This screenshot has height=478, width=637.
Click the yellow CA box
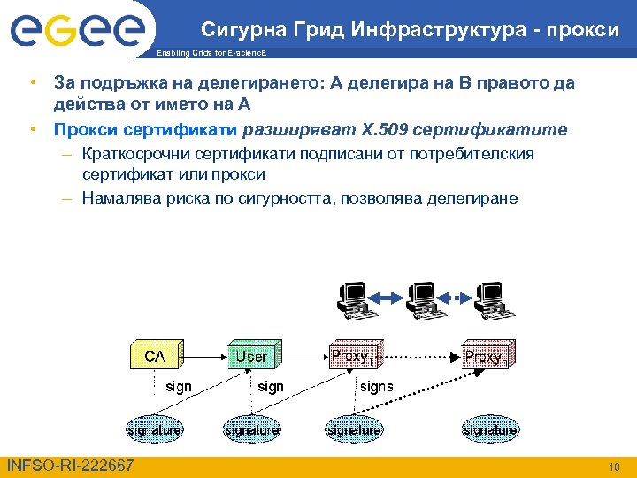tap(157, 356)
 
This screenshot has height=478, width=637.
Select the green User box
tap(253, 356)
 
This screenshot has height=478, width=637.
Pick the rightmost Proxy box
tap(487, 356)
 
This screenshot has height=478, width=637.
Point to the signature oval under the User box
tap(252, 429)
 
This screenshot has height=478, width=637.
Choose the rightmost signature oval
tap(489, 429)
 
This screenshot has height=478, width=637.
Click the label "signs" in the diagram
tap(377, 387)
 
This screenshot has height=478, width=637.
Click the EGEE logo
tap(77, 31)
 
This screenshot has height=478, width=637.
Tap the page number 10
tap(614, 466)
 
